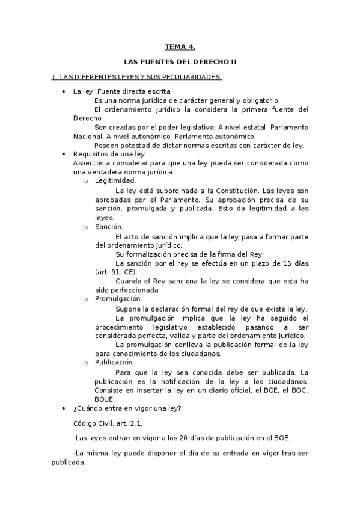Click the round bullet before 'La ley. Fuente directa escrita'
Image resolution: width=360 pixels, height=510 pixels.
[64, 91]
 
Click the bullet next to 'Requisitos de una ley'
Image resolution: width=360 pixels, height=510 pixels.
[64, 154]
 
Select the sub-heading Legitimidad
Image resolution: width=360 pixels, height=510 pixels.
[115, 180]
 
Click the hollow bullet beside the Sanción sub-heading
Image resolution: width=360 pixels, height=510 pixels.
[87, 227]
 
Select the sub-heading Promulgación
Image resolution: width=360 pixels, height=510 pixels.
[118, 298]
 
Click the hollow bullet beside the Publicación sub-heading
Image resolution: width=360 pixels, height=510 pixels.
[87, 363]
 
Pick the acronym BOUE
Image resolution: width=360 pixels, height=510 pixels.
[104, 399]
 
